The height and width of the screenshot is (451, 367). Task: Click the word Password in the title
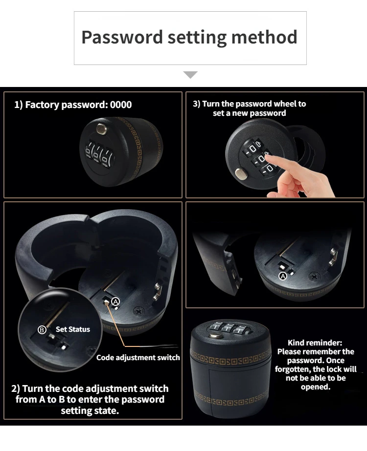(x=122, y=37)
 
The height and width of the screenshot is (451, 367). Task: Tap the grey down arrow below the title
(x=190, y=75)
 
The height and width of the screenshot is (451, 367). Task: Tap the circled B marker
(x=42, y=330)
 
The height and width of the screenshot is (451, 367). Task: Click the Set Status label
(x=73, y=329)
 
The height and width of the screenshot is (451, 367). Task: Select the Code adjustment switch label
(x=138, y=357)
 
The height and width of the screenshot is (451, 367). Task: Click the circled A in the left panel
(x=116, y=302)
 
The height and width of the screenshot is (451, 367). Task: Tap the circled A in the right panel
(x=282, y=276)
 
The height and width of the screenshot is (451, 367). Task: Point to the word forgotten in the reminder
(x=292, y=369)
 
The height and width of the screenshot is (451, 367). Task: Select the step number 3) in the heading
(x=196, y=104)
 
